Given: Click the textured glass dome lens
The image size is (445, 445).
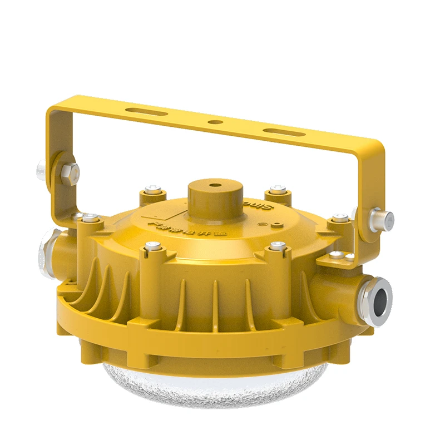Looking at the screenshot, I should coord(222,384).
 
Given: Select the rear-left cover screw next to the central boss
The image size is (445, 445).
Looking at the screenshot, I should coord(152,191).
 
